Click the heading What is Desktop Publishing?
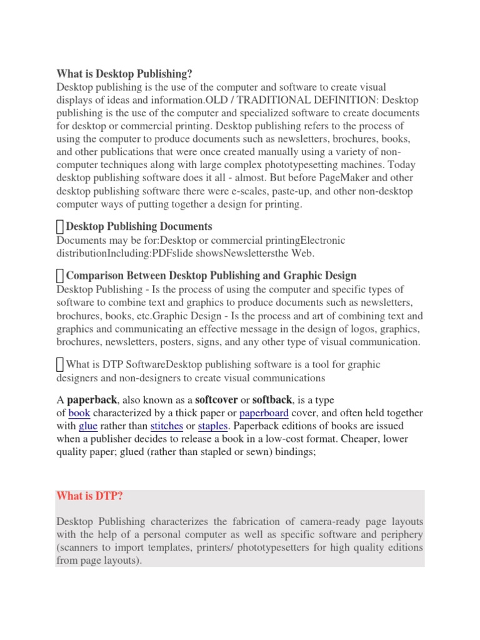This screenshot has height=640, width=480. coord(124,74)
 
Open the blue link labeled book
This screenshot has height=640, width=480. coord(79,413)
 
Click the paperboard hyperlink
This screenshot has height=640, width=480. coord(264,413)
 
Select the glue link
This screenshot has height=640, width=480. coord(88,426)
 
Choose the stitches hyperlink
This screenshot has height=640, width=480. coord(166,426)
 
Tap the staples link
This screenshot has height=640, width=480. coord(212,426)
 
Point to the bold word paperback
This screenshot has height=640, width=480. coord(92,399)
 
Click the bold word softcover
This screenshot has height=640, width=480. coord(216,399)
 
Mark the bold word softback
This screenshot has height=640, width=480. coord(272,399)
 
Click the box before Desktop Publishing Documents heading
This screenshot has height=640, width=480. coord(60,227)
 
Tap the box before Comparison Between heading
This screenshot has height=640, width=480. coord(60,276)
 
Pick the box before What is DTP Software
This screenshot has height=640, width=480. coord(60,364)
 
